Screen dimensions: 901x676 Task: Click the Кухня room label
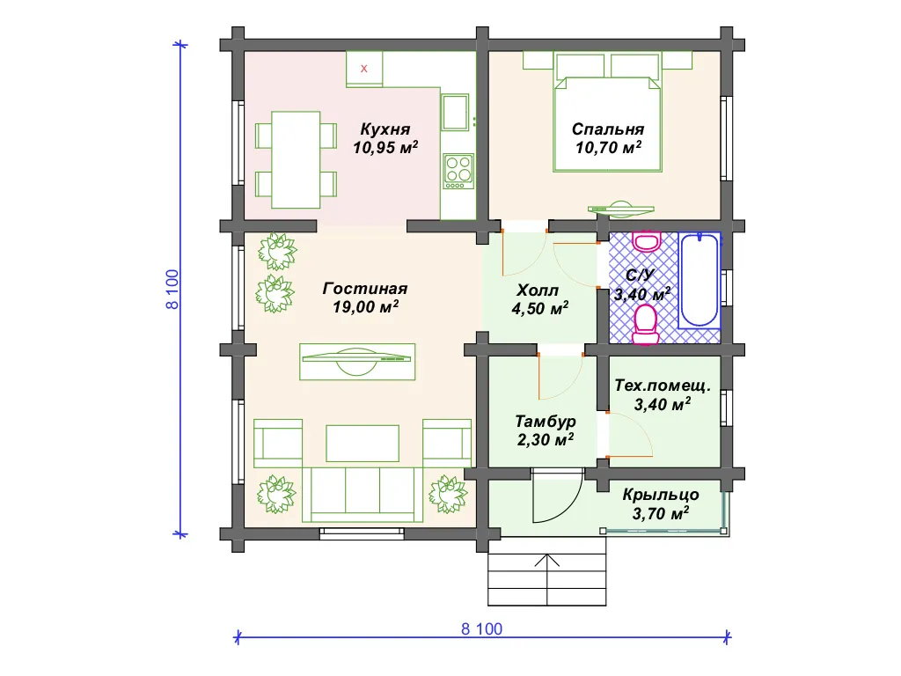[x=385, y=129]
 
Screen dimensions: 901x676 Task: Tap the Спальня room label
[x=608, y=129]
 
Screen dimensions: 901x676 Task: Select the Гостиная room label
[x=365, y=288]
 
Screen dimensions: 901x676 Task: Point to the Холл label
[x=538, y=290]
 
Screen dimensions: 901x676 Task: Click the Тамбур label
[x=546, y=422]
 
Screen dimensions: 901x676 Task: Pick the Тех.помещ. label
[x=663, y=386]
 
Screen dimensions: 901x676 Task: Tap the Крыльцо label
[x=661, y=495]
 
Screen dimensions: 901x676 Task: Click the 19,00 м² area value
[x=365, y=306]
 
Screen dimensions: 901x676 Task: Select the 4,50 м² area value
[x=540, y=308]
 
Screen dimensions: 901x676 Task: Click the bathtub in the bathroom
[x=700, y=281]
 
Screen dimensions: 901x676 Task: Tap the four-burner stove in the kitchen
[x=458, y=171]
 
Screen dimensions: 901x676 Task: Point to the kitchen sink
[x=456, y=112]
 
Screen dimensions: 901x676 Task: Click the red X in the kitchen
[x=363, y=69]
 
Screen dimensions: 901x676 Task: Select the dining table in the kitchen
[x=296, y=160]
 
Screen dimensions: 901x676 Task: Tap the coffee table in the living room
[x=363, y=444]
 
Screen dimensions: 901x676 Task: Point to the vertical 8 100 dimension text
[x=172, y=289]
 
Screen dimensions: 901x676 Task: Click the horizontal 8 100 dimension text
[x=481, y=628]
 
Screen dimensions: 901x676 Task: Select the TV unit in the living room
[x=357, y=362]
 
